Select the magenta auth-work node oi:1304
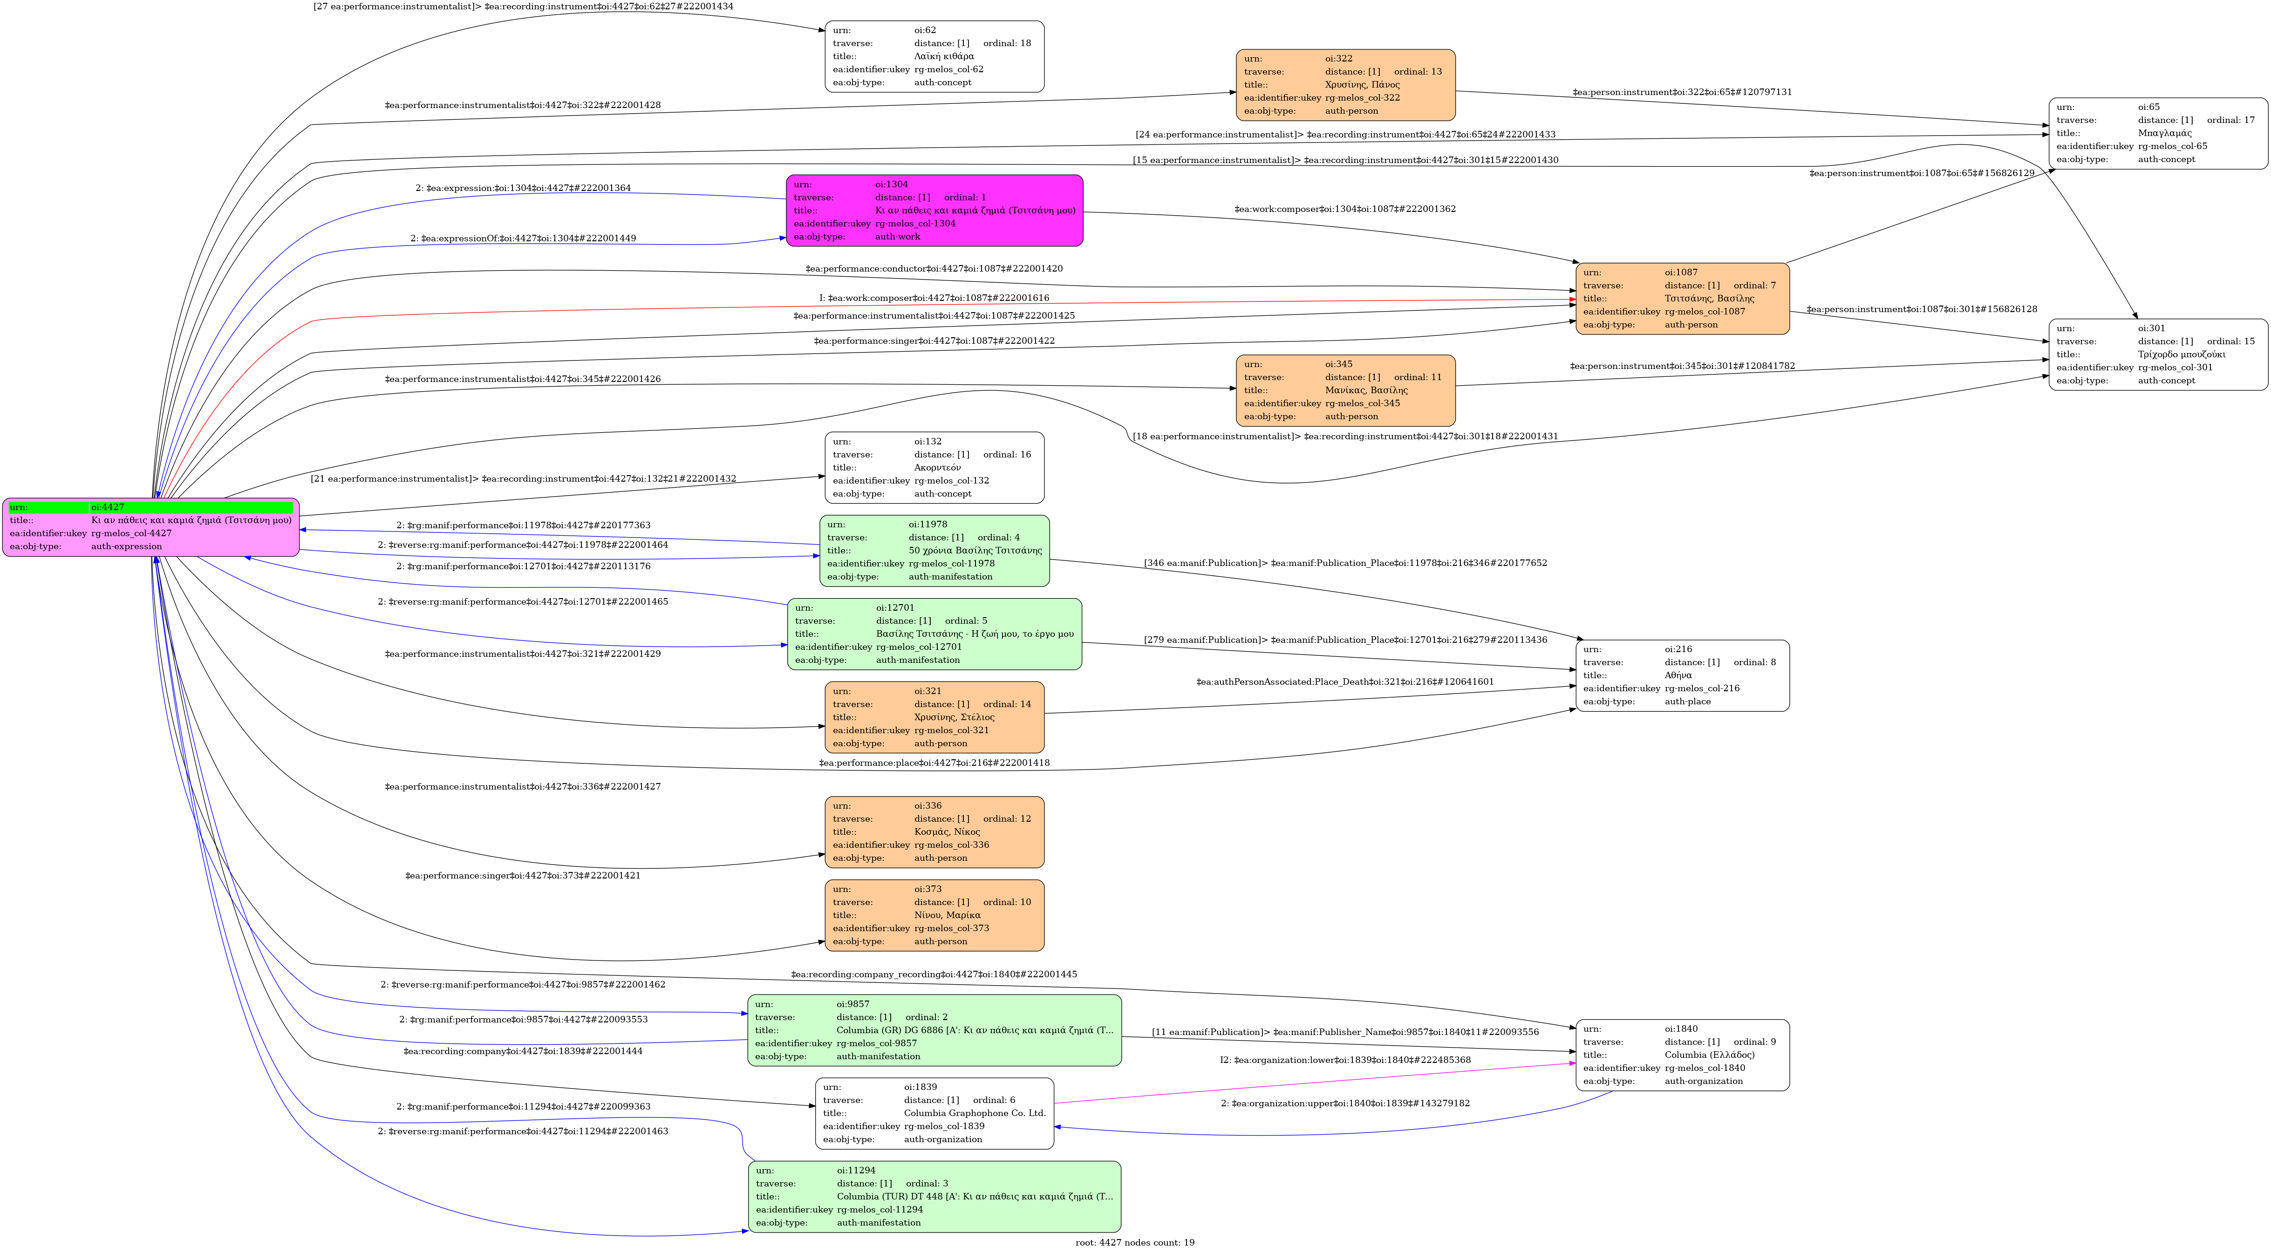934,211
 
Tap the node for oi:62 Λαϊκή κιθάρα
934,56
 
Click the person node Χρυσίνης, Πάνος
1345,85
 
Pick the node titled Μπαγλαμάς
2158,133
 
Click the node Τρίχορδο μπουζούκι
2158,354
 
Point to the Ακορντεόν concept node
934,467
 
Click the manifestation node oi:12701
934,634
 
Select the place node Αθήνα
1682,675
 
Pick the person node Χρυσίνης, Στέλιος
934,717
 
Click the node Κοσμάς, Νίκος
934,831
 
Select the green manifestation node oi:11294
934,1197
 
